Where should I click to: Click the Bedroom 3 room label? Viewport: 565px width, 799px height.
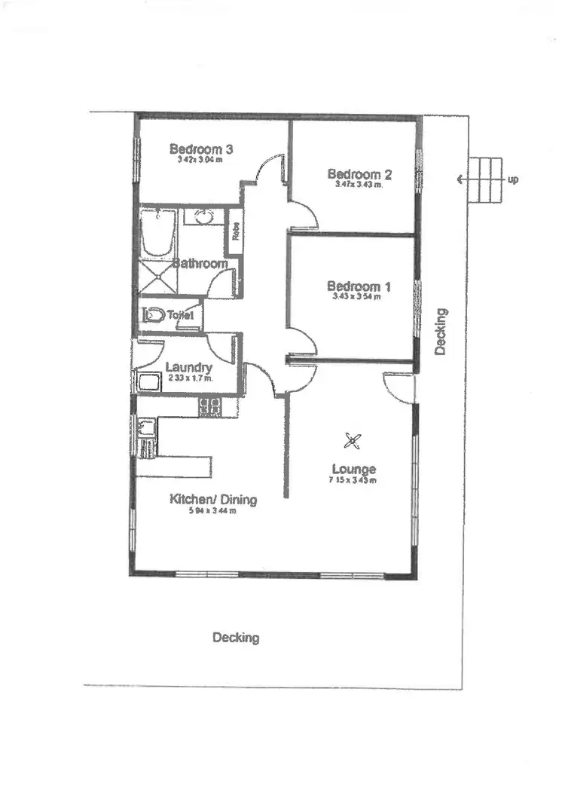click(x=200, y=148)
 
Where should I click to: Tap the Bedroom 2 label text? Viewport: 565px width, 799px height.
click(x=359, y=173)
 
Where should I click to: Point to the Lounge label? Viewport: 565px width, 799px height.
click(x=352, y=469)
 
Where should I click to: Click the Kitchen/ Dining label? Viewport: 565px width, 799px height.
click(x=213, y=499)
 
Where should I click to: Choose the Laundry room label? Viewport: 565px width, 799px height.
click(x=188, y=367)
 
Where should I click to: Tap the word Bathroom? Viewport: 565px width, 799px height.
click(x=200, y=264)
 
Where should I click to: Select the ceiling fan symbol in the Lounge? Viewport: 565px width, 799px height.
click(x=354, y=440)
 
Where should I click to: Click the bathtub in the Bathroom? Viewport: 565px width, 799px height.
click(x=157, y=234)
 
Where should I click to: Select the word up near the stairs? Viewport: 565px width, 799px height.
click(x=513, y=179)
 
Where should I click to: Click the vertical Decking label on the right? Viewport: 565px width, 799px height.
click(x=441, y=331)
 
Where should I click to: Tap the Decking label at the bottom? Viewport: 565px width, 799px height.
click(x=235, y=638)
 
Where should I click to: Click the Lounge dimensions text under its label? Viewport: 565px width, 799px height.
click(x=353, y=480)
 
